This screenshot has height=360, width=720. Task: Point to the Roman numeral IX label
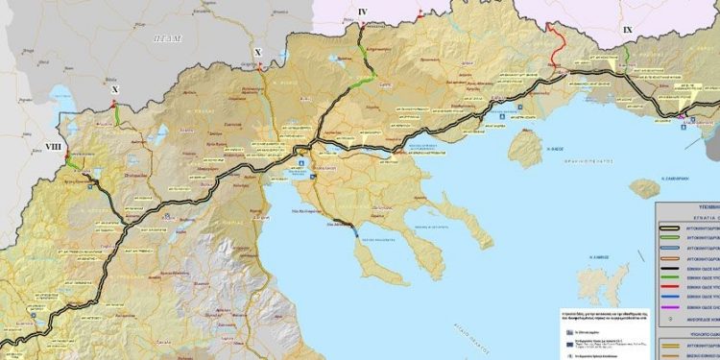628,31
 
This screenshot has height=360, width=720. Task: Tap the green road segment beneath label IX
626,57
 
